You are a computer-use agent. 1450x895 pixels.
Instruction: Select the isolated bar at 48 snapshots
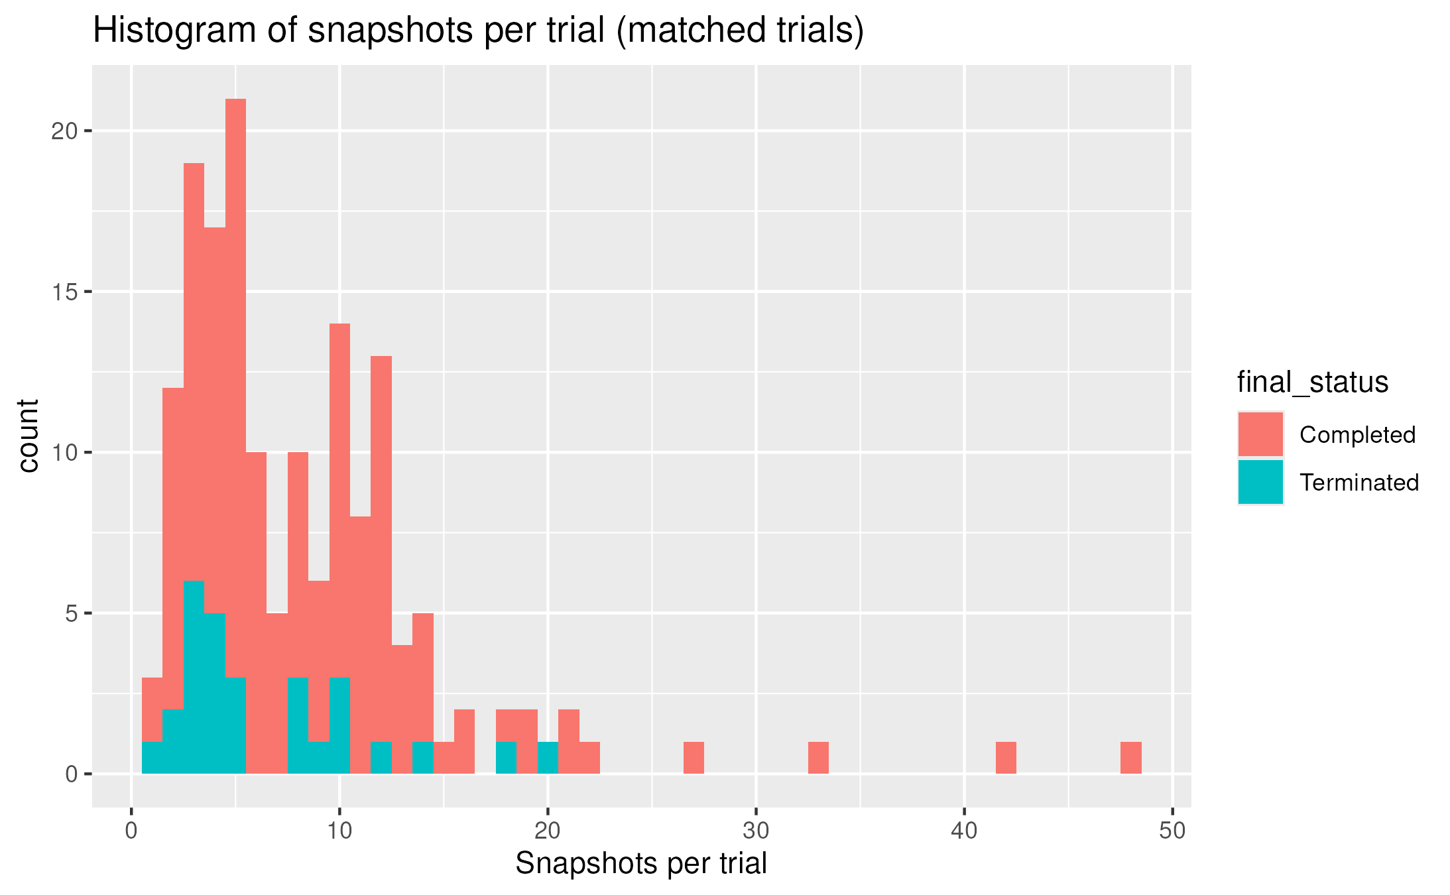click(1130, 758)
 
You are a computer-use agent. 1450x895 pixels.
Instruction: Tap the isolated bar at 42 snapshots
click(1006, 758)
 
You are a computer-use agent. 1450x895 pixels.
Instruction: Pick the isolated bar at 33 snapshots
click(818, 758)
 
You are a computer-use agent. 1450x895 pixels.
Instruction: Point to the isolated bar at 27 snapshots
click(694, 758)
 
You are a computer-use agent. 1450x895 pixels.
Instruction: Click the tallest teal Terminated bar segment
click(194, 676)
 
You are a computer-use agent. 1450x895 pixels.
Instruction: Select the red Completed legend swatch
click(1260, 434)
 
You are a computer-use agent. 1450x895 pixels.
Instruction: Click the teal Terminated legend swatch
click(1260, 482)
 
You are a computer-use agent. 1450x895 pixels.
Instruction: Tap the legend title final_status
click(1312, 383)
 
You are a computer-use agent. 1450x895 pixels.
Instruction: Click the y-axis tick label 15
click(64, 292)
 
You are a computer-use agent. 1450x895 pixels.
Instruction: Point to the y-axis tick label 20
click(64, 131)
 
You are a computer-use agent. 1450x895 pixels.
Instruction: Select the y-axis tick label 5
click(71, 614)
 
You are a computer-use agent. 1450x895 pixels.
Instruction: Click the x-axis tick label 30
click(756, 831)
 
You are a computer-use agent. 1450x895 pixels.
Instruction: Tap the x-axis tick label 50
click(1172, 831)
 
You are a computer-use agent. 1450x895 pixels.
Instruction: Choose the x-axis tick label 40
click(964, 831)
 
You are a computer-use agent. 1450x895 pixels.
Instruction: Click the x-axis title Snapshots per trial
click(640, 864)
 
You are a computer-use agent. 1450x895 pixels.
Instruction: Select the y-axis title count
click(29, 436)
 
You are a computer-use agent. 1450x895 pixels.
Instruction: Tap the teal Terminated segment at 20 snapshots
click(548, 758)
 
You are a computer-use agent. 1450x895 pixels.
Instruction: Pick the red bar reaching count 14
click(339, 497)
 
